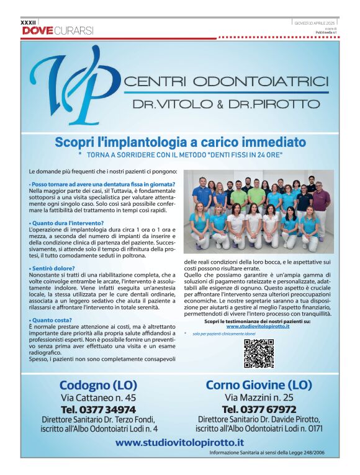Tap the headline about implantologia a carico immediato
point(180,142)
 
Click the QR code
point(258,353)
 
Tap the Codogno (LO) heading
point(98,384)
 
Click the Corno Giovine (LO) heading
point(258,384)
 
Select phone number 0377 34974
point(98,409)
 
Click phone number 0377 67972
point(258,409)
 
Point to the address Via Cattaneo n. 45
point(98,397)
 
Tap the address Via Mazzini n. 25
point(258,397)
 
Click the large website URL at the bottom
point(179,442)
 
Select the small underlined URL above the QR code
point(258,326)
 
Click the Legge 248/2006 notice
point(267,453)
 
